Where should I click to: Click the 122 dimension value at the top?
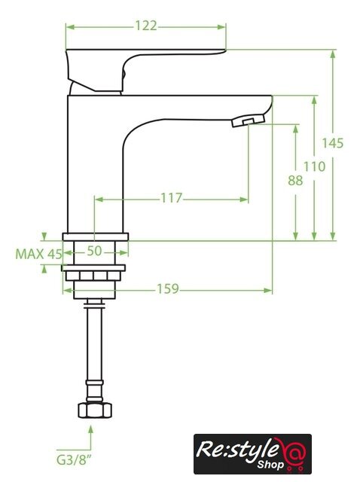(x=146, y=26)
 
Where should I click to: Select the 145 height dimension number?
(x=332, y=143)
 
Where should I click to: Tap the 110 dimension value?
(x=314, y=166)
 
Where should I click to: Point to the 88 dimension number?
(x=295, y=181)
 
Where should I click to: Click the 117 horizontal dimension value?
(x=172, y=198)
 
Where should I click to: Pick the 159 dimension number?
(x=168, y=289)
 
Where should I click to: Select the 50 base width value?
(x=94, y=251)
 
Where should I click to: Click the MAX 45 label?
(x=38, y=255)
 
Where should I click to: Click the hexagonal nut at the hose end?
(x=95, y=410)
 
